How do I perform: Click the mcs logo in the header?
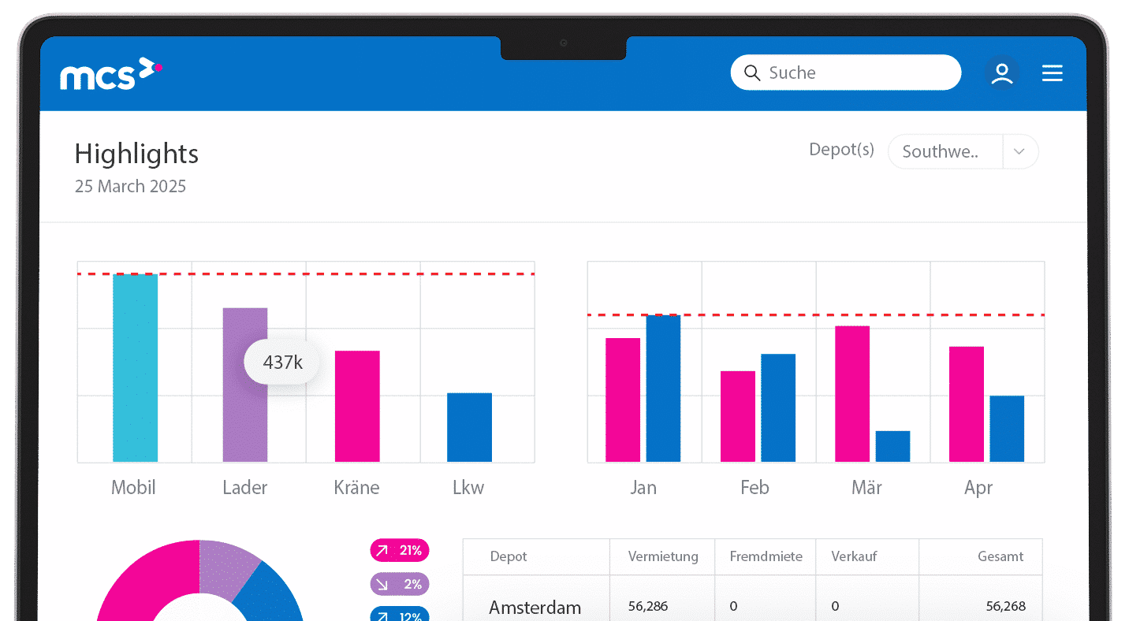110,74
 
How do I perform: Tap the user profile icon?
1001,73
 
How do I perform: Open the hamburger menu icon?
1052,73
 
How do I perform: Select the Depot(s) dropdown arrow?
1019,152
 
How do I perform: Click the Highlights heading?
136,154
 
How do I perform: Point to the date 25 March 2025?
130,187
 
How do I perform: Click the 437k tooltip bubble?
282,363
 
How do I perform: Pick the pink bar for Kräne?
357,406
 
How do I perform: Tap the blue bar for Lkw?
469,427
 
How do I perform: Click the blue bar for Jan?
663,388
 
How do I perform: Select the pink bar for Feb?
737,416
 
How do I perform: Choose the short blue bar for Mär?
892,446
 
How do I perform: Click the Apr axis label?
978,488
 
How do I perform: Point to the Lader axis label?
244,488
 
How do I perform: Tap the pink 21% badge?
399,550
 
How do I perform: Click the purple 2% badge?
399,584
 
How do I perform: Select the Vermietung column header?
663,556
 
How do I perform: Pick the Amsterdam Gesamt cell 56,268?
1005,606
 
